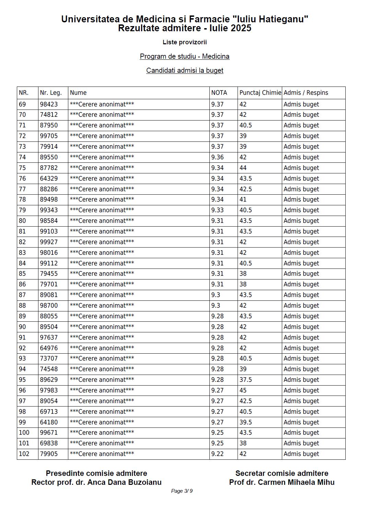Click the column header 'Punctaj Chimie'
point(260,93)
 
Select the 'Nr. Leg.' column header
point(51,93)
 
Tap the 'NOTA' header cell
point(219,93)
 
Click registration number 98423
point(49,104)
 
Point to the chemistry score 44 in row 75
point(243,168)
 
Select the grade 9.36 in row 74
point(217,157)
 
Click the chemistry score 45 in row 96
point(243,390)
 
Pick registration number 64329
point(49,179)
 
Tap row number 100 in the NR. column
point(24,433)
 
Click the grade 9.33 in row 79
point(217,210)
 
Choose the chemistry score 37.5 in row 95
point(245,380)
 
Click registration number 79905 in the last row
point(49,454)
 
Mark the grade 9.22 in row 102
point(217,454)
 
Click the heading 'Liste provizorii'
point(185,42)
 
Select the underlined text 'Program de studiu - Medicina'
point(185,56)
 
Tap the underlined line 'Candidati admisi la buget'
point(185,70)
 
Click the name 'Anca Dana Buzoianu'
point(124,482)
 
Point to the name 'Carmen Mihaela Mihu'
point(296,482)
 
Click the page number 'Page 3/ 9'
point(182,491)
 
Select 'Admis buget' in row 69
point(301,104)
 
